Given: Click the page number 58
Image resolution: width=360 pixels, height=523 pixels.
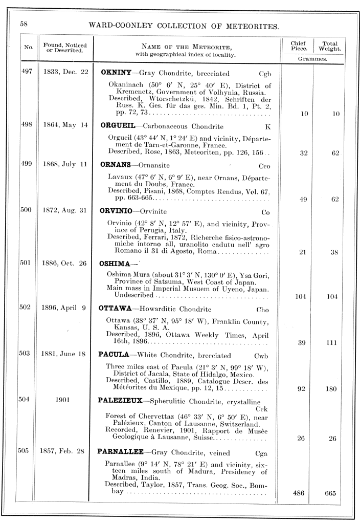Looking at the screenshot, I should [x=24, y=24].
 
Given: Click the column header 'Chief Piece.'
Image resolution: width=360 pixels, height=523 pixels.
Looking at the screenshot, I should [x=298, y=47].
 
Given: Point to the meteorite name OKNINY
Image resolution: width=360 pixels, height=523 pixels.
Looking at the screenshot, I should [x=116, y=73].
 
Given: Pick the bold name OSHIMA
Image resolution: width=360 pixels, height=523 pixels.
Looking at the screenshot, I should [x=116, y=264].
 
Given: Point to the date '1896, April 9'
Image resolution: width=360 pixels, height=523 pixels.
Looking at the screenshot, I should [x=64, y=309].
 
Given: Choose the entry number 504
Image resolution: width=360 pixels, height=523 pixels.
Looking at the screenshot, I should [x=26, y=400].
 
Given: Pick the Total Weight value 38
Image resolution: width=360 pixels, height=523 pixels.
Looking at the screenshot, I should [x=335, y=252].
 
